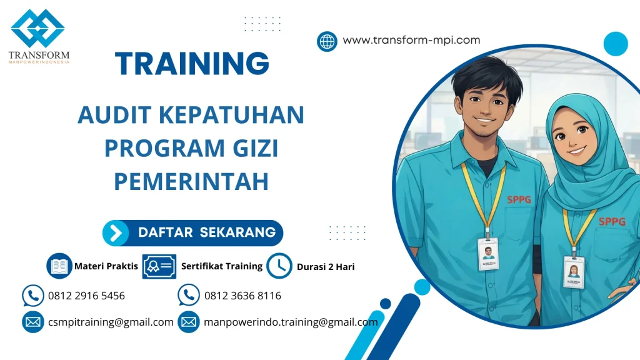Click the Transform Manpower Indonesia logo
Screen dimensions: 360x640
pos(38,36)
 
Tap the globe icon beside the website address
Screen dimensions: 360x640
pos(327,41)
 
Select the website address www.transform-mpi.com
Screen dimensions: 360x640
pos(411,41)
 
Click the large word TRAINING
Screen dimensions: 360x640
pos(192,63)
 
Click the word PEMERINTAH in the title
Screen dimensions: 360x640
pos(191,181)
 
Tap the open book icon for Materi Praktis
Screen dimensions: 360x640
pos(59,266)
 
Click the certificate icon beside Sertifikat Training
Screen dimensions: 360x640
pos(159,266)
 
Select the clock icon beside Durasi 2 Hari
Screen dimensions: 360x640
pos(279,266)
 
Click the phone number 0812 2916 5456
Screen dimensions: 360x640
pos(86,296)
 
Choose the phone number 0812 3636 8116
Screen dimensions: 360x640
pos(242,296)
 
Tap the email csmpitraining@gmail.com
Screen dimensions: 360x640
pos(111,322)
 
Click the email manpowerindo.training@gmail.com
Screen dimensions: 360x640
pos(291,322)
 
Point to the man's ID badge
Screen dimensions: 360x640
pos(488,253)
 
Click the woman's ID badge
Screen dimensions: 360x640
pos(573,271)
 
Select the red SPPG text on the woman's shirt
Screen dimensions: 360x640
pos(611,221)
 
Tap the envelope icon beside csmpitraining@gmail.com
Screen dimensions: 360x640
pos(32,322)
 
